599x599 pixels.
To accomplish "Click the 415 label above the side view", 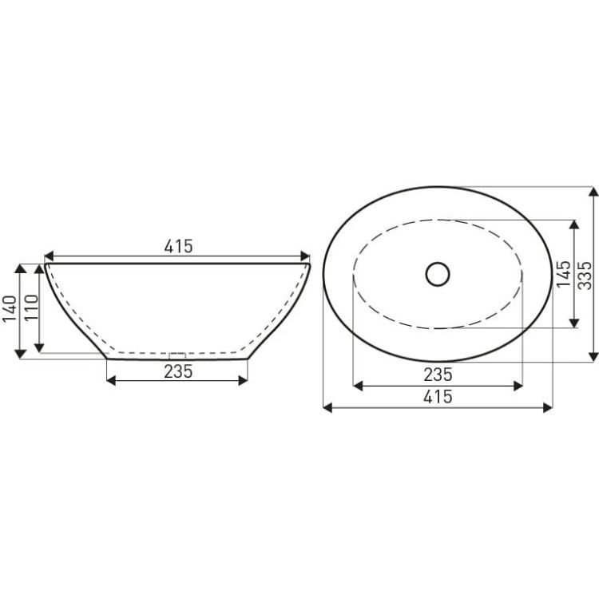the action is pyautogui.click(x=178, y=247).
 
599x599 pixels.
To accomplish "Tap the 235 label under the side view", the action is pyautogui.click(x=178, y=371).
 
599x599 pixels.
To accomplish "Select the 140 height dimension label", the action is pyautogui.click(x=10, y=309).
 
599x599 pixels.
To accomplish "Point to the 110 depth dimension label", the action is pyautogui.click(x=31, y=308).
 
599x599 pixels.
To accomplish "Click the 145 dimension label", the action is pyautogui.click(x=564, y=275).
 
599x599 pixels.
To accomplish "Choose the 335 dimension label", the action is pyautogui.click(x=585, y=275).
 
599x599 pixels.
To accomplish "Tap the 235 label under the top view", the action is pyautogui.click(x=438, y=375).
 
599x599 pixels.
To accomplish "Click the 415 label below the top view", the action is pyautogui.click(x=438, y=396).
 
